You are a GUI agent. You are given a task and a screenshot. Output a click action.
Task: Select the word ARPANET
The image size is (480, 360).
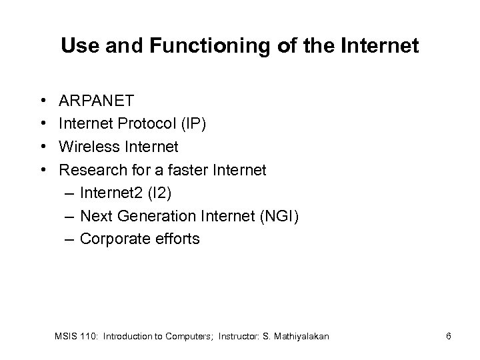(97, 101)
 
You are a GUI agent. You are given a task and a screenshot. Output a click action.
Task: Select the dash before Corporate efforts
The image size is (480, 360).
(70, 239)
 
